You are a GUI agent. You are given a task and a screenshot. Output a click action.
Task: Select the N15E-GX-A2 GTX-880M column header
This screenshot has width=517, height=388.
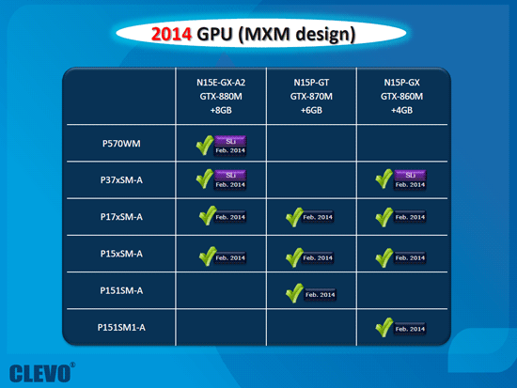(220, 96)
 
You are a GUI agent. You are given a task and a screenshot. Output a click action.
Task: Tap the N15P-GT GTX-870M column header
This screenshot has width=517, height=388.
(312, 96)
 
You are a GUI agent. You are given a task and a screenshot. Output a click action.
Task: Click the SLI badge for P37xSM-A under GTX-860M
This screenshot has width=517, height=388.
(409, 175)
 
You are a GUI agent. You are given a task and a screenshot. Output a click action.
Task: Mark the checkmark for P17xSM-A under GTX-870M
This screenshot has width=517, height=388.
(295, 216)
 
